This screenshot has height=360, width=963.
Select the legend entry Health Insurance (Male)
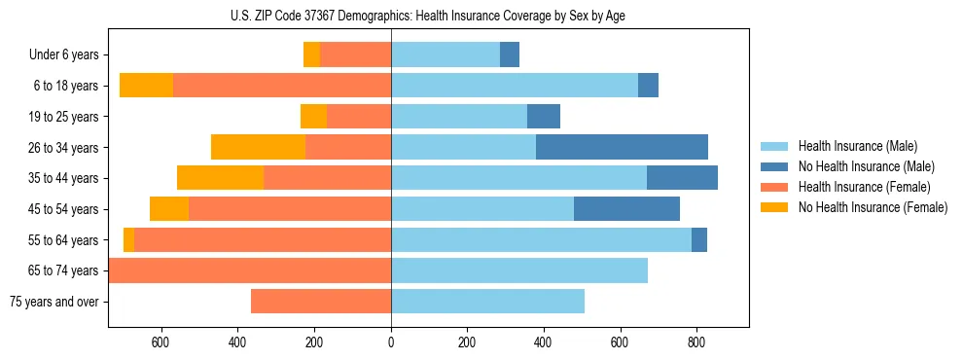pos(856,146)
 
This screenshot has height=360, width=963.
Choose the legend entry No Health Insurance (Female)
pos(872,207)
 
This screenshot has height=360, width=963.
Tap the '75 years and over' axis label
pos(54,302)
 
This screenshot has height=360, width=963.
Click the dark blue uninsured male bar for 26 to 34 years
pos(622,147)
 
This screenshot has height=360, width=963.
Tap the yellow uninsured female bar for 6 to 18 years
pos(146,86)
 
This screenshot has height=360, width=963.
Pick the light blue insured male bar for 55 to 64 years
pos(541,239)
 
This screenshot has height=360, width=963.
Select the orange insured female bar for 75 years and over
pos(321,302)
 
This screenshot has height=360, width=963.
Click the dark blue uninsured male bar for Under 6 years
pos(510,54)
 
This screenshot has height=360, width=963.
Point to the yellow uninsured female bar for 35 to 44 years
pos(220,178)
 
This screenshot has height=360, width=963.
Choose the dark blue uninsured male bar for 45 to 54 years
pos(626,209)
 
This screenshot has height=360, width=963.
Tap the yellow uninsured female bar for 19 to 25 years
pos(313,117)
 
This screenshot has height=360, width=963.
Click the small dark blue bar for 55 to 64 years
pos(699,239)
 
